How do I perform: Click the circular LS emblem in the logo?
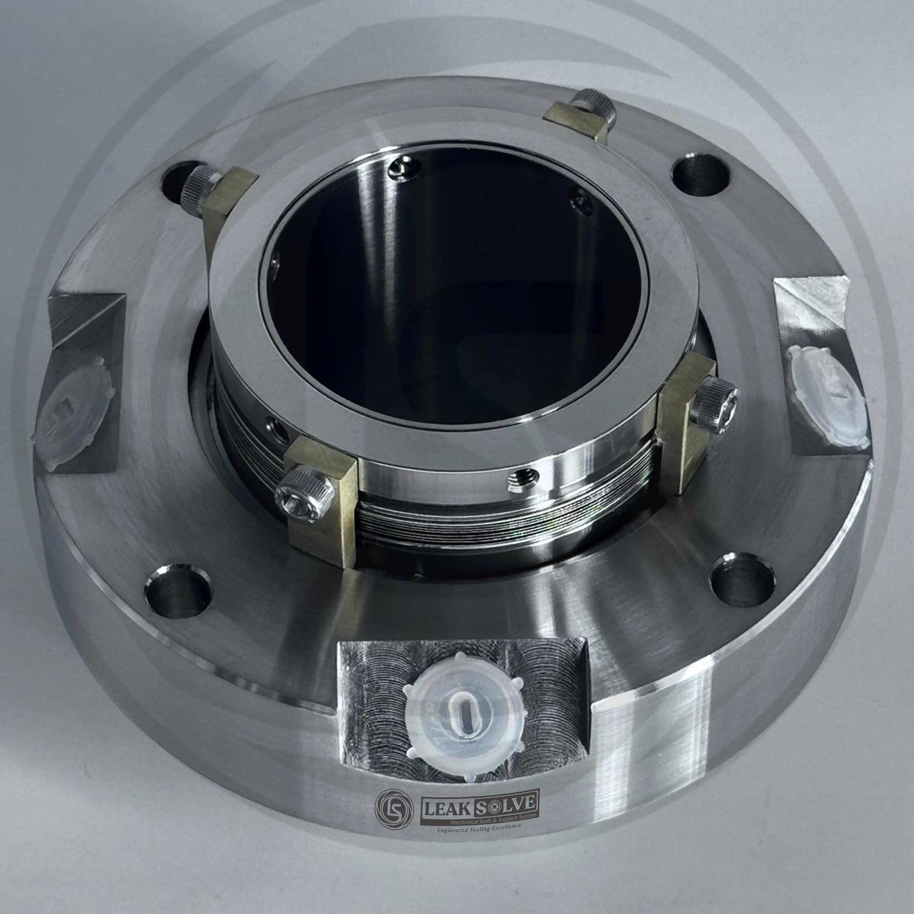click(x=394, y=805)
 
